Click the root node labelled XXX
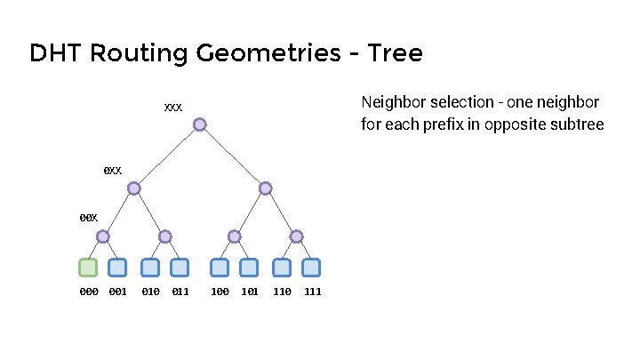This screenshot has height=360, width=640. point(200,124)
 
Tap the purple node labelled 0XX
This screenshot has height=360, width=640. point(133,188)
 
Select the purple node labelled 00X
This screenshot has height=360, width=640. point(103,236)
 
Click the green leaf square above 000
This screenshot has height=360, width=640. point(88,267)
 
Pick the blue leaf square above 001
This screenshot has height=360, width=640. point(117,267)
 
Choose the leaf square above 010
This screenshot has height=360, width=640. point(150,267)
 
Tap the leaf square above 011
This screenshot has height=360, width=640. point(180,267)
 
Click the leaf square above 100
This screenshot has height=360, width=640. point(219,267)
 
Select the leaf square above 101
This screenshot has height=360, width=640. point(249,267)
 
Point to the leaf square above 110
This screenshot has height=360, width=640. point(282,267)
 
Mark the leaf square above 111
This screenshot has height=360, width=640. point(311,267)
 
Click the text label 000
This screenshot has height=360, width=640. point(88,292)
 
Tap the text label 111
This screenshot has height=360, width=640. point(312,292)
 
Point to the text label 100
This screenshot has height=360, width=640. point(219,292)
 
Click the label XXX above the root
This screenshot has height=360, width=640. point(172,108)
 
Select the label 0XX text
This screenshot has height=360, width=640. point(112,170)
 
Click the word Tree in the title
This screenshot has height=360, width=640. point(394,54)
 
